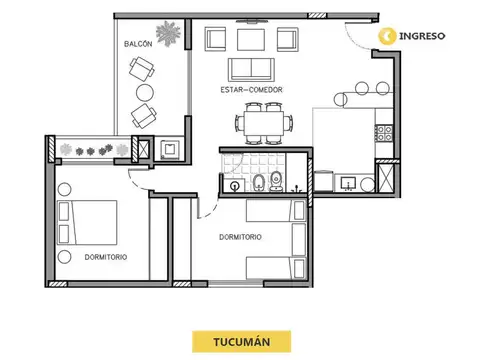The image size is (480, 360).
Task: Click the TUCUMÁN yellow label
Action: [240, 340]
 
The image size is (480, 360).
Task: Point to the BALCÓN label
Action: [138, 46]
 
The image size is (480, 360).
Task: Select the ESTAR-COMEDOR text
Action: [252, 90]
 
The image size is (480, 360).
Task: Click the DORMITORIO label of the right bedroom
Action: [240, 237]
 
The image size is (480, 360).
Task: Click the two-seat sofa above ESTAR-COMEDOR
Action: [251, 69]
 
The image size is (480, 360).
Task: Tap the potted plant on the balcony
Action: [170, 32]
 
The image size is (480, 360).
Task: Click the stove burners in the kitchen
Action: [382, 131]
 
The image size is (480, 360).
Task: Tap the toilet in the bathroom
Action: [258, 182]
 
